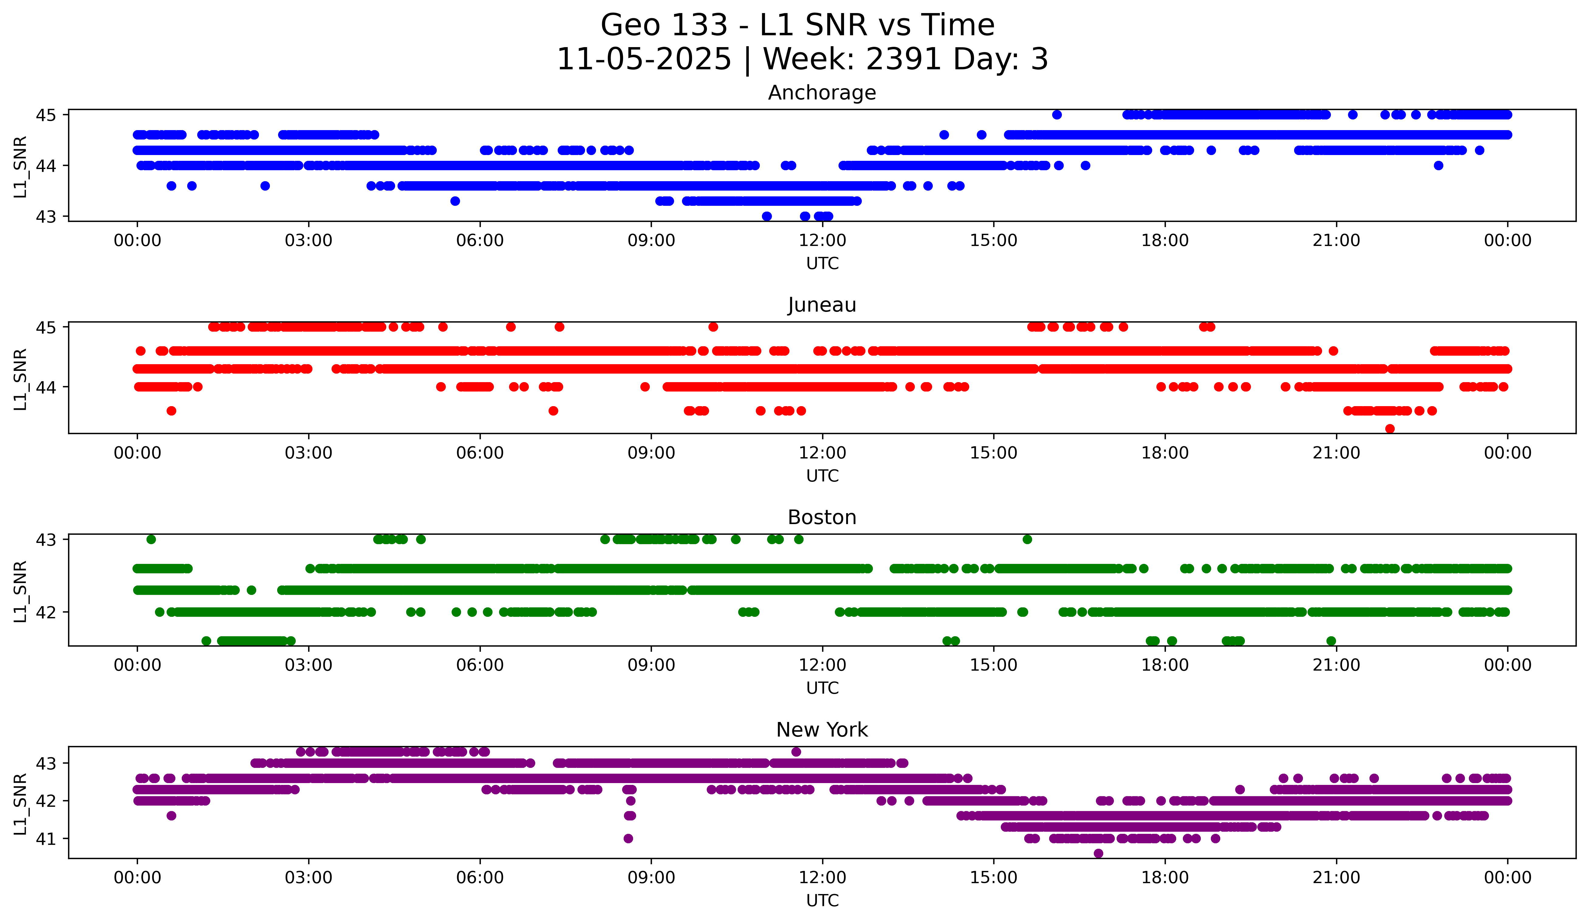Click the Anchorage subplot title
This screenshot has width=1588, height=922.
point(822,93)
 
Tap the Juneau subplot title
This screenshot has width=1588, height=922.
point(822,305)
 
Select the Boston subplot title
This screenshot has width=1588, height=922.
point(822,517)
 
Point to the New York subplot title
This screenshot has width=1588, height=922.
point(822,730)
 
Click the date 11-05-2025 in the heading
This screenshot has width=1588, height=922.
point(643,59)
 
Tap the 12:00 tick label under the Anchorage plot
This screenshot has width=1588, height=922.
point(822,240)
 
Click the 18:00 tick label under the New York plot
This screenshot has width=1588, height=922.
point(1165,877)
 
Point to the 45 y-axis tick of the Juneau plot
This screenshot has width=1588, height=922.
point(46,327)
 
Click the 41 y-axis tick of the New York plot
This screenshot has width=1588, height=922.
point(46,839)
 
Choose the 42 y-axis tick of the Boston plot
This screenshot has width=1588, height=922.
point(46,612)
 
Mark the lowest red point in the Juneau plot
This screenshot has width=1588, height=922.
point(1390,429)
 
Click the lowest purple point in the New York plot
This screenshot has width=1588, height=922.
point(1098,853)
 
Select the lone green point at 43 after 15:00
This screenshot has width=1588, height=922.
point(1027,540)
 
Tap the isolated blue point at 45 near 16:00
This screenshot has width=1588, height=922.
point(1057,115)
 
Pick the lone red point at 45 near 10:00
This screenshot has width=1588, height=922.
point(713,327)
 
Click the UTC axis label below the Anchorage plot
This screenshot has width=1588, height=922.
point(822,264)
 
